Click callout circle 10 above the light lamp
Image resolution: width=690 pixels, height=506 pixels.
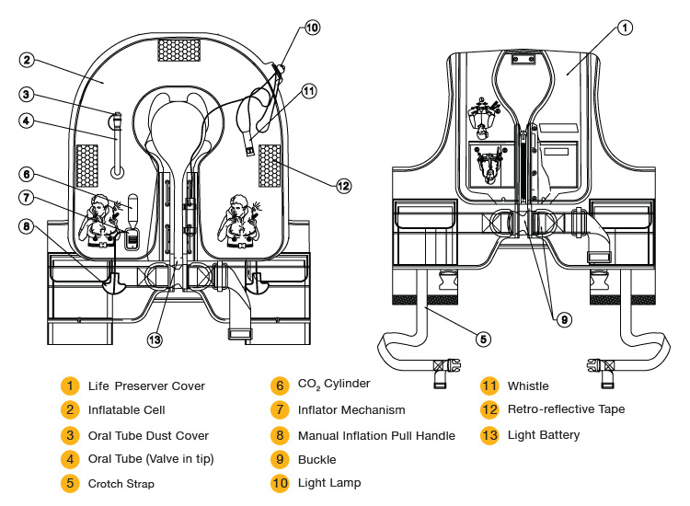pyautogui.click(x=312, y=28)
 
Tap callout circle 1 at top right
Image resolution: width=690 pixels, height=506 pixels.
pyautogui.click(x=625, y=28)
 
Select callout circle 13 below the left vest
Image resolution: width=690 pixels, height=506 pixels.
pyautogui.click(x=155, y=339)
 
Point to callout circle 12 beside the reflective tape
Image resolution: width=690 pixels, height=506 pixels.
pyautogui.click(x=343, y=186)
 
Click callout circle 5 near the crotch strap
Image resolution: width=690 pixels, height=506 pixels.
pyautogui.click(x=483, y=339)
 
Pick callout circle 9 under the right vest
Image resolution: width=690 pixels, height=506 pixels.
pyautogui.click(x=564, y=319)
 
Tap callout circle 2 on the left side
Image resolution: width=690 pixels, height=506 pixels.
pyautogui.click(x=27, y=60)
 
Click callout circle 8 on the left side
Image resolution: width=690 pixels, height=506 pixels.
pyautogui.click(x=27, y=226)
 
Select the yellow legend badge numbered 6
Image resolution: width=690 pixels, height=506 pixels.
pyautogui.click(x=280, y=385)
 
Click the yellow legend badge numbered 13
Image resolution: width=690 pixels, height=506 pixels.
pyautogui.click(x=489, y=435)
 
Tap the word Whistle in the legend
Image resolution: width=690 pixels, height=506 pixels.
pyautogui.click(x=528, y=385)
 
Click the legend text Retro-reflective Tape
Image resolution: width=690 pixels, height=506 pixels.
pyautogui.click(x=567, y=409)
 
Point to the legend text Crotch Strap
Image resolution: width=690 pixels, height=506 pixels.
pyautogui.click(x=121, y=484)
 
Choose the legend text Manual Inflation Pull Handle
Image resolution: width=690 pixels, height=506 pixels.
pyautogui.click(x=376, y=435)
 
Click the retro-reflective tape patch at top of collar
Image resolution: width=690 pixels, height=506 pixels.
pyautogui.click(x=179, y=50)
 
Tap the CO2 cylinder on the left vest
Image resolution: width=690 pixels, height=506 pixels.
pyautogui.click(x=132, y=209)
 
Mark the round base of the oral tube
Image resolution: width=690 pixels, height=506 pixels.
pyautogui.click(x=117, y=172)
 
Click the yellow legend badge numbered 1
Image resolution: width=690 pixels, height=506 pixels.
pyautogui.click(x=70, y=385)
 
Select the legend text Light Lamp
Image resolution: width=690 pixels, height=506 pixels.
pyautogui.click(x=329, y=483)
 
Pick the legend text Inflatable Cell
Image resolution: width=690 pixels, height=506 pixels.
pyautogui.click(x=127, y=410)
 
